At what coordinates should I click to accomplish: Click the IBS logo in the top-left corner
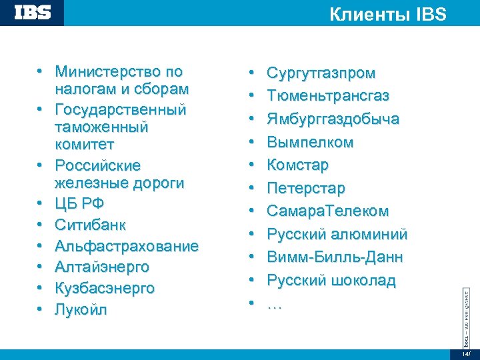tap(33, 13)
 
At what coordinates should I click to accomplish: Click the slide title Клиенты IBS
tap(388, 15)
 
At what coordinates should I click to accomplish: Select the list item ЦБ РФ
tap(80, 203)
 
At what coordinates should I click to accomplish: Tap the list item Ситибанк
tap(91, 225)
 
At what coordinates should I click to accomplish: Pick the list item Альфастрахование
tap(127, 246)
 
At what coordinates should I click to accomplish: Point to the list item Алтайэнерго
tap(102, 267)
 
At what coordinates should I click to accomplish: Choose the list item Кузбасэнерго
tap(105, 289)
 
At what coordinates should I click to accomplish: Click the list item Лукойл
tap(81, 310)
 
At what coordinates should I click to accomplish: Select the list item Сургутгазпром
tap(321, 73)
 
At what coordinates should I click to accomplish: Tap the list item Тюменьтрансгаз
tap(328, 96)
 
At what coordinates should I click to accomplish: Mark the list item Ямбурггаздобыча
tap(333, 119)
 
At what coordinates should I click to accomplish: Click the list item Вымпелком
tap(310, 142)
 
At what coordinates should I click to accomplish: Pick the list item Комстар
tap(297, 165)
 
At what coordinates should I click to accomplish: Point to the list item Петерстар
tap(306, 188)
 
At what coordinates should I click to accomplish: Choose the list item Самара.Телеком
tap(327, 211)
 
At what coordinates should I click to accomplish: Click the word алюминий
tap(371, 234)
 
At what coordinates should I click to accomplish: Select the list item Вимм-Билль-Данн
tap(335, 257)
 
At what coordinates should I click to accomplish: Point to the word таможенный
tap(102, 127)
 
